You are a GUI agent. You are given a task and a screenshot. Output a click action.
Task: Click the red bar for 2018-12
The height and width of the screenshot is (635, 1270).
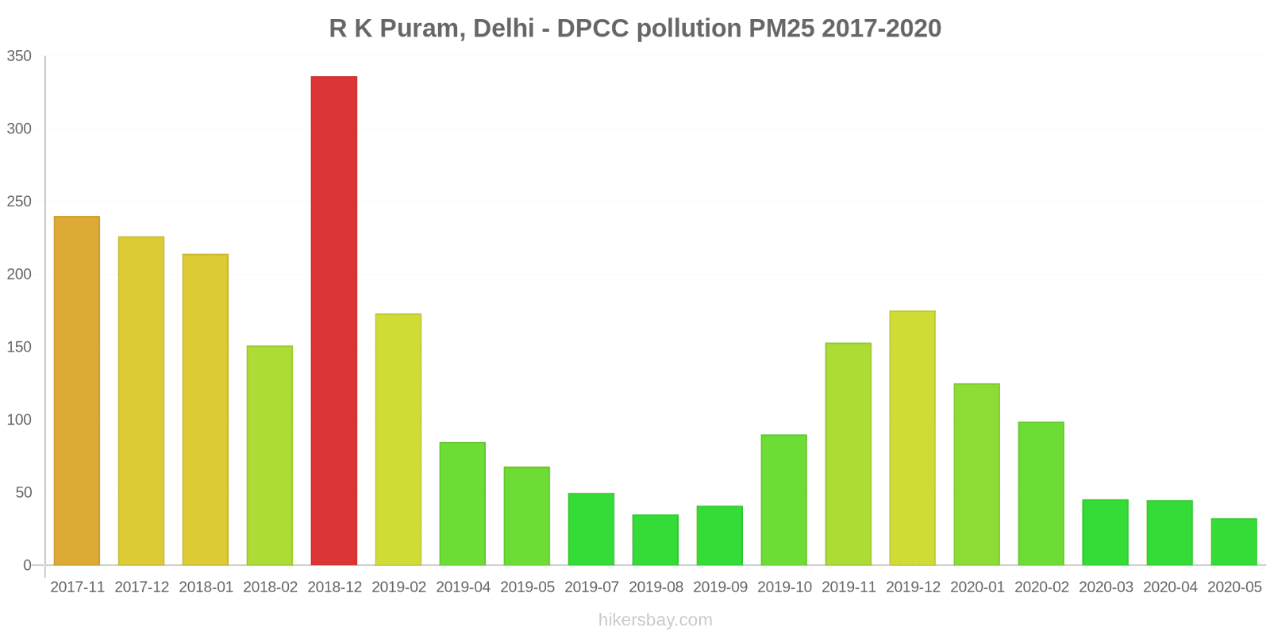(333, 321)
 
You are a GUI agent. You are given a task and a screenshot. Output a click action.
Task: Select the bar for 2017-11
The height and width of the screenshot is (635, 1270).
(77, 391)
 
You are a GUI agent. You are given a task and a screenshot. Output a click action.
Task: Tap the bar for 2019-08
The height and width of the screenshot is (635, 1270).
(656, 540)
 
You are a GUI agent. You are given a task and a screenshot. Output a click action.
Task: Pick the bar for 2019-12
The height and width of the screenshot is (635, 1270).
(912, 438)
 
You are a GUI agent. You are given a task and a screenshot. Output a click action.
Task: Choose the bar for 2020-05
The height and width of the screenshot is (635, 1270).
(1233, 541)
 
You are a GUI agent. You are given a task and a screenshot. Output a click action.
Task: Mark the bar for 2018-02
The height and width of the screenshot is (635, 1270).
(270, 456)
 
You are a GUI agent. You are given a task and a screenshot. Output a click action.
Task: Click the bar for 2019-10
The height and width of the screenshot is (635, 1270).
(783, 500)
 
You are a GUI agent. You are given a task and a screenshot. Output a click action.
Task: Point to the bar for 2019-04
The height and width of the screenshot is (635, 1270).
(462, 503)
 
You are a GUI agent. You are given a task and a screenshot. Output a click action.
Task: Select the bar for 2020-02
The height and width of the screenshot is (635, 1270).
(1041, 494)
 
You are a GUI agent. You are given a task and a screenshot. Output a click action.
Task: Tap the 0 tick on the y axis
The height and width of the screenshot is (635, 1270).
(27, 565)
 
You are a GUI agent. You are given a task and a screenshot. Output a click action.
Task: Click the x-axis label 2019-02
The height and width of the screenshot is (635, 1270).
(398, 587)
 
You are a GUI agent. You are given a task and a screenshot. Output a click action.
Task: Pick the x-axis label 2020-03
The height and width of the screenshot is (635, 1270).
(1106, 587)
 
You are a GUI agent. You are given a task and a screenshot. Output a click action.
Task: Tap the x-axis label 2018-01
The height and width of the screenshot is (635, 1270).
(206, 587)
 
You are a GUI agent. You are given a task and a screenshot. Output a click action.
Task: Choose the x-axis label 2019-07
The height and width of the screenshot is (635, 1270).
(591, 587)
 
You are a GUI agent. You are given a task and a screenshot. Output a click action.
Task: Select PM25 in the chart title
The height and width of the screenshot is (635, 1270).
(781, 29)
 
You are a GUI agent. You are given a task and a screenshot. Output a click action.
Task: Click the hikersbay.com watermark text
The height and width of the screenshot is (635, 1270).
(655, 620)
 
